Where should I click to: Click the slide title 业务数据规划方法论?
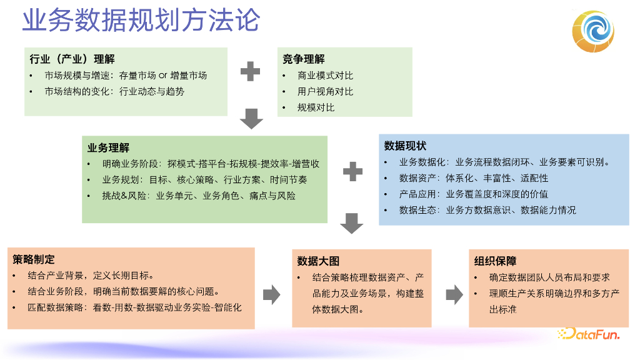[x=141, y=20]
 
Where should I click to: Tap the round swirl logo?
[x=594, y=31]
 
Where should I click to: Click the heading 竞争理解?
[x=303, y=59]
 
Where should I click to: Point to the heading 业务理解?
[x=108, y=148]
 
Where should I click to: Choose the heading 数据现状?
[x=405, y=146]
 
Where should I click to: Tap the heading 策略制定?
[x=34, y=259]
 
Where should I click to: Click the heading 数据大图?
[x=318, y=261]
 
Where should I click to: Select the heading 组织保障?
[x=495, y=261]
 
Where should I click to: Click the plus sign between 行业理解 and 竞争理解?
[x=250, y=71]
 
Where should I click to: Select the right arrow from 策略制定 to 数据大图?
[x=271, y=294]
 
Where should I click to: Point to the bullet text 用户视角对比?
[x=325, y=91]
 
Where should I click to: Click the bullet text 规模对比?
[x=316, y=107]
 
